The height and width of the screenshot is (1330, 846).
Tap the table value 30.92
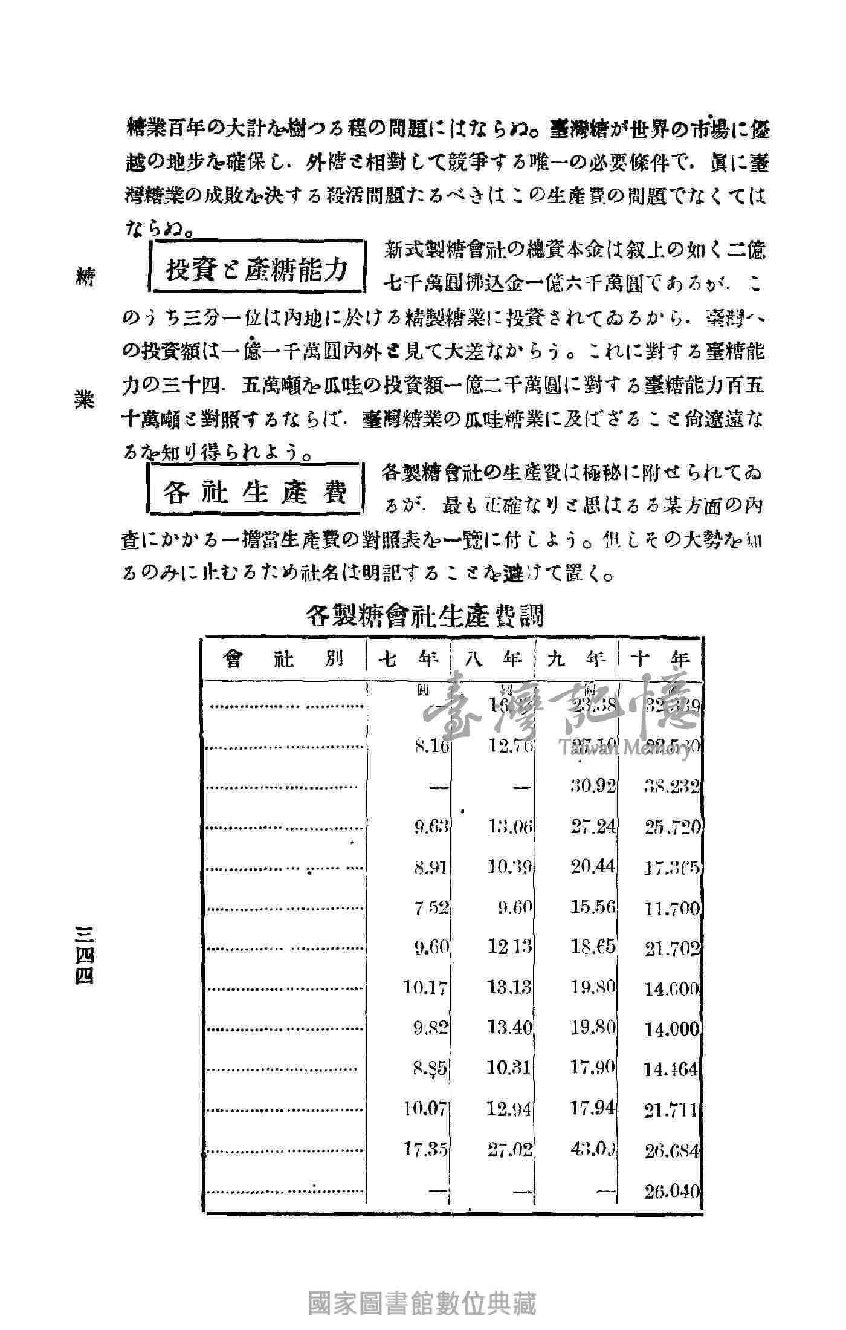pos(593,786)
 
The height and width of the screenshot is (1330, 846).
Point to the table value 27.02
pos(509,1149)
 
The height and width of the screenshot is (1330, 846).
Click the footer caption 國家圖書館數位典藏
pos(422,1305)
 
